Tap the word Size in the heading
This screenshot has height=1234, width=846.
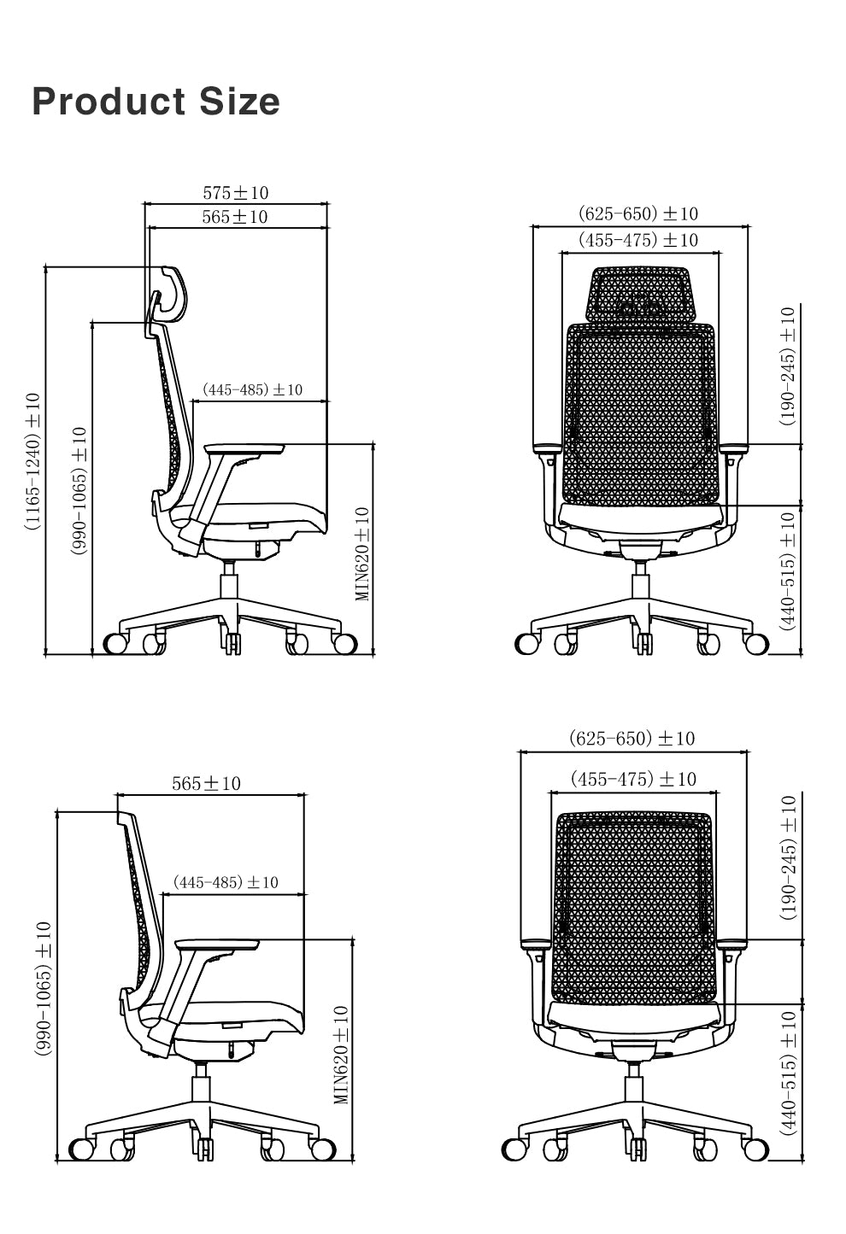pos(240,102)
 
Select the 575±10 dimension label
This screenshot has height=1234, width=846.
pos(236,193)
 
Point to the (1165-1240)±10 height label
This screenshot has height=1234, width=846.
pos(32,461)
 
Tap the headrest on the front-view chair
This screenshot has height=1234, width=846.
pos(640,295)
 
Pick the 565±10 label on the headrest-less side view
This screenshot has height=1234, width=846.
pos(206,783)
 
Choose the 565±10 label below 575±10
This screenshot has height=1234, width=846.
pos(235,217)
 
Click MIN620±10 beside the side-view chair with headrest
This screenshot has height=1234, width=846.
pos(362,553)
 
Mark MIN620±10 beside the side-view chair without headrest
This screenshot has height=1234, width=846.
pos(342,1055)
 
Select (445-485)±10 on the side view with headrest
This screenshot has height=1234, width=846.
pos(252,390)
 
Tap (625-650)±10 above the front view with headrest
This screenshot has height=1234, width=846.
pos(638,213)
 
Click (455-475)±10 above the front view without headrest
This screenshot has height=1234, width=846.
pos(633,779)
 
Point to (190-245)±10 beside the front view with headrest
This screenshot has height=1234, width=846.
pos(787,366)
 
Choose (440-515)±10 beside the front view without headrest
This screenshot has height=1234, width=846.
pos(788,1073)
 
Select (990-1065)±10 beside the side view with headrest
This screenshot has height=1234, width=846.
pos(79,491)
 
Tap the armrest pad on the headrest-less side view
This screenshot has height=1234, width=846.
pos(218,945)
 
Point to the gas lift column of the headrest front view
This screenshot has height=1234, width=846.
pos(640,589)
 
